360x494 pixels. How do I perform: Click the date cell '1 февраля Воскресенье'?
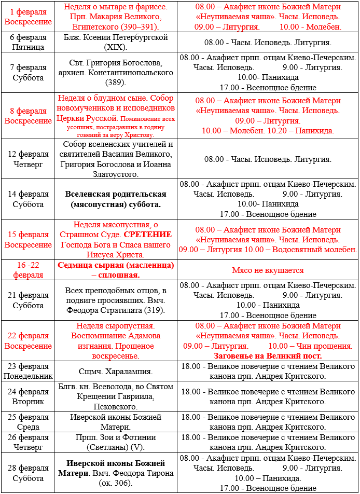pos(28,17)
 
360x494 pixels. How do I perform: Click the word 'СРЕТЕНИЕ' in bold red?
pos(147,235)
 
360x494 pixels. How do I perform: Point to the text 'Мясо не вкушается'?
pos(268,270)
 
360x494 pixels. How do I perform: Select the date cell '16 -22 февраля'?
pos(28,270)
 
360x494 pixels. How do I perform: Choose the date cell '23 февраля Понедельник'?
pos(28,372)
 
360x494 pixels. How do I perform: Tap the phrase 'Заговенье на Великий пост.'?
pos(268,356)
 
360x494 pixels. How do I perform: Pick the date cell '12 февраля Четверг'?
pos(28,159)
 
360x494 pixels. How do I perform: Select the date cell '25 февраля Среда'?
pos(28,422)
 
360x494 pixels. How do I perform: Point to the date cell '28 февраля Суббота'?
pos(28,473)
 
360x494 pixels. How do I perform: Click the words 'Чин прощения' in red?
pos(325,346)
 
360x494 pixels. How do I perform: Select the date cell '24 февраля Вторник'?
pos(28,397)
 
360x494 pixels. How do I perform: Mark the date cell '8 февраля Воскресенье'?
pos(28,116)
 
